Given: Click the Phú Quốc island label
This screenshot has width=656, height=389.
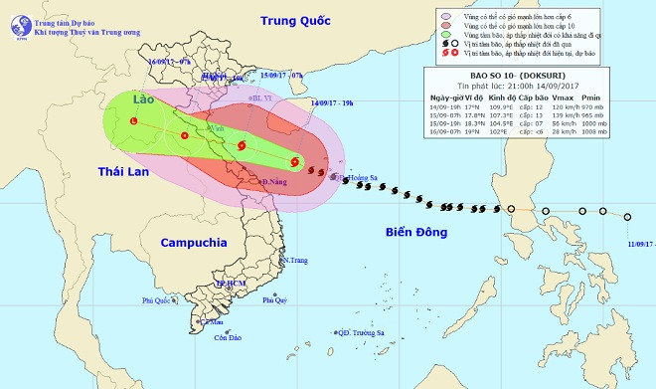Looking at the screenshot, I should click(x=158, y=299).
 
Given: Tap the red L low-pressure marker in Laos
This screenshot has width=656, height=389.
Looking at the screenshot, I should click(x=135, y=121).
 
